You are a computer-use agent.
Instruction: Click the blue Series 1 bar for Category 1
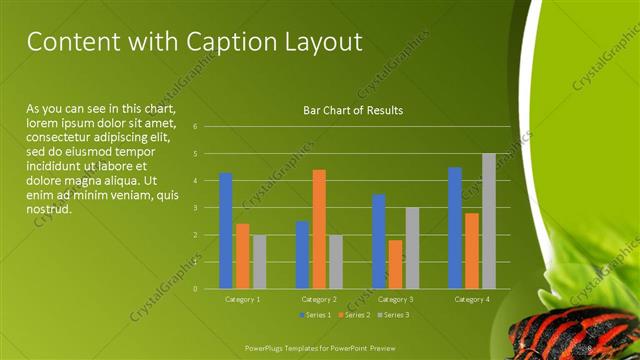[x=226, y=231]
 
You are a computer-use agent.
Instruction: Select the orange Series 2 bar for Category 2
[x=319, y=229]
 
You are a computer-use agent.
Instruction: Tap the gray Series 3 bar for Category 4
[x=489, y=221]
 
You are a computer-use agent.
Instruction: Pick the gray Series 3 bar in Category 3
[x=412, y=248]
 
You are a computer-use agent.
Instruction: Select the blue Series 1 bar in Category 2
[x=302, y=255]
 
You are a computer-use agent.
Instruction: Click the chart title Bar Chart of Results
[x=353, y=111]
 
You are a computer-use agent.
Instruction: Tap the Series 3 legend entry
[x=394, y=315]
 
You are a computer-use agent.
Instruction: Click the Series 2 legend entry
[x=354, y=315]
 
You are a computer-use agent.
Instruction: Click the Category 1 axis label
[x=242, y=299]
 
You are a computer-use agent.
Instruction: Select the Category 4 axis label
[x=472, y=299]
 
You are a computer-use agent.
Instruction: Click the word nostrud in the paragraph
[x=49, y=210]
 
